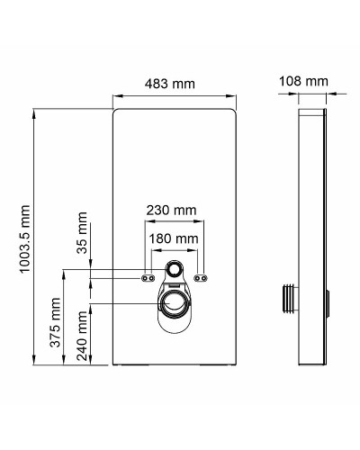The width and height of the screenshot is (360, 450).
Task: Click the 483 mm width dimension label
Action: point(172,84)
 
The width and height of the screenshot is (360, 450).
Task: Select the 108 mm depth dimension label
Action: point(303,82)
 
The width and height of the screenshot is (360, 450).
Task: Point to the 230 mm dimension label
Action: point(172,210)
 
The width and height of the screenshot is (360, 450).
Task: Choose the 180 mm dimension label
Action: point(173,238)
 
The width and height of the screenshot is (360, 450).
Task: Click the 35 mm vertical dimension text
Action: point(83,232)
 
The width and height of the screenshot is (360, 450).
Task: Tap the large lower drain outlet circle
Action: point(175,303)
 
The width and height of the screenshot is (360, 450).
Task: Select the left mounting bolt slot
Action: point(146,278)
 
